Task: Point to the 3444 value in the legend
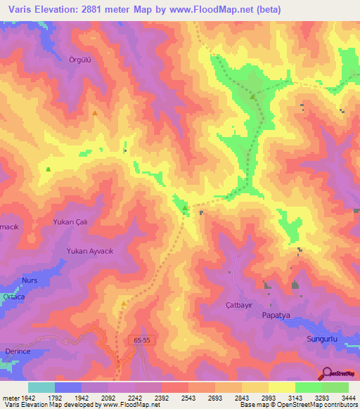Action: [348, 398]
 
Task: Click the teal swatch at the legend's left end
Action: [41, 387]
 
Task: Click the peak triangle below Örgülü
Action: [95, 112]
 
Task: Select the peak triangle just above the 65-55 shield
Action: [124, 304]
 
